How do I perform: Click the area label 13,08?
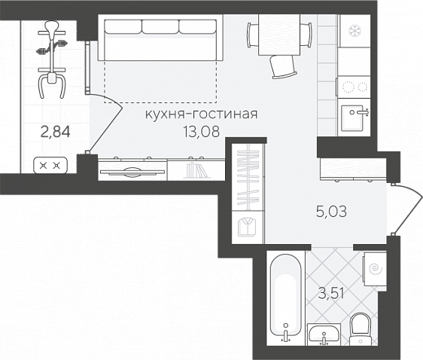coord(201,132)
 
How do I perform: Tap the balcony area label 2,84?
coord(55,133)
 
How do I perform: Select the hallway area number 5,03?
coord(331,212)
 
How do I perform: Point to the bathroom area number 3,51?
coord(331,294)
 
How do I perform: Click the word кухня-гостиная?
coord(202,114)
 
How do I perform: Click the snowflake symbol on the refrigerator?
coord(354,31)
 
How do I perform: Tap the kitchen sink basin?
coord(353,118)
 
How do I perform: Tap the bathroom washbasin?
coord(324,334)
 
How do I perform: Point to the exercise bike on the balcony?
coord(52,59)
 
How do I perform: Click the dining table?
coord(279,35)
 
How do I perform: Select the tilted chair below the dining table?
coord(282,66)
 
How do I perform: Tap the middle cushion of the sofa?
coord(160,27)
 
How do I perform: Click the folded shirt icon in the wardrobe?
coord(247,227)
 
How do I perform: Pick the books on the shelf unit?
coord(196,170)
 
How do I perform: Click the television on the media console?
coord(132,172)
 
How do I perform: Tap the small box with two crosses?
coord(50,165)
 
